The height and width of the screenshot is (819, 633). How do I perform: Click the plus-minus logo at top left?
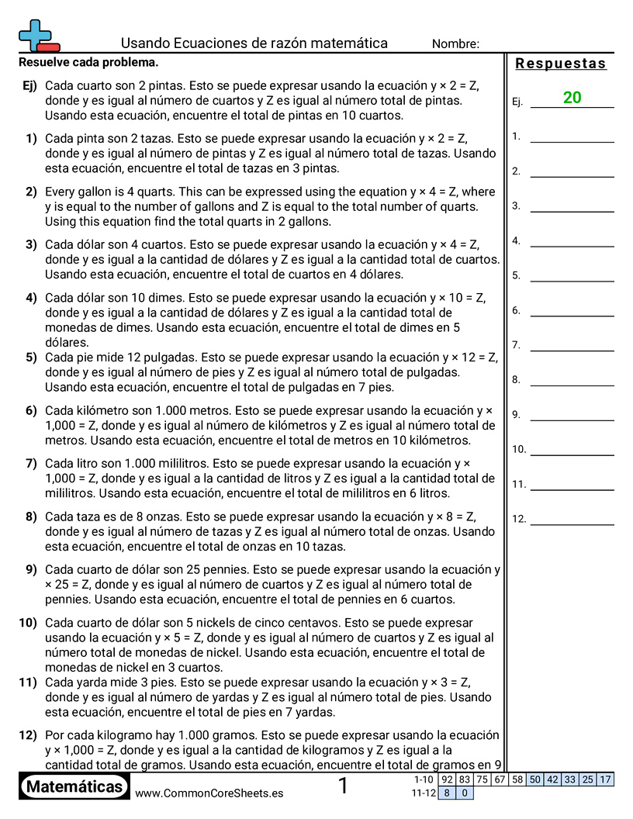point(38,35)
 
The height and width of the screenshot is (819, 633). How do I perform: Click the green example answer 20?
point(572,98)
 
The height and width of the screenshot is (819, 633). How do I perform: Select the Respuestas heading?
point(560,64)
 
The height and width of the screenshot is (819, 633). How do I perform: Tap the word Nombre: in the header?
point(455,44)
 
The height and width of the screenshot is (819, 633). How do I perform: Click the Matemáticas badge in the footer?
point(74,786)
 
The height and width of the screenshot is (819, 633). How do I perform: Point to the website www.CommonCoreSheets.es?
point(209,793)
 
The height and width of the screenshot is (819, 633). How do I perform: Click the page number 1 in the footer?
point(344,786)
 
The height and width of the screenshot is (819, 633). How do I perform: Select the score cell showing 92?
point(447,779)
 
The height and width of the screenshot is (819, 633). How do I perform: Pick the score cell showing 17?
point(605,779)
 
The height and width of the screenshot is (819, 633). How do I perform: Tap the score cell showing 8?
point(447,793)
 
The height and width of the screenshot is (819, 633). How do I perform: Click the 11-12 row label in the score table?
point(424,793)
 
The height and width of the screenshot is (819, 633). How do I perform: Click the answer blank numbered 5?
point(572,280)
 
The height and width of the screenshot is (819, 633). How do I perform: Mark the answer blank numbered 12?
point(572,524)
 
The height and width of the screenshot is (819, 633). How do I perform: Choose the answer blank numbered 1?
point(572,141)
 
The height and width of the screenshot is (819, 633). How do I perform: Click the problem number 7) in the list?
point(31,464)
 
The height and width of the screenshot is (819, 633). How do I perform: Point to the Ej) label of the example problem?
point(29,85)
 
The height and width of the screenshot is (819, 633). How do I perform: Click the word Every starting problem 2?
point(61,192)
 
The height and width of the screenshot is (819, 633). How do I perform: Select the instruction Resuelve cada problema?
point(88,62)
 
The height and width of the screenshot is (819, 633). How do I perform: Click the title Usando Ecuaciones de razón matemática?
point(254,43)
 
